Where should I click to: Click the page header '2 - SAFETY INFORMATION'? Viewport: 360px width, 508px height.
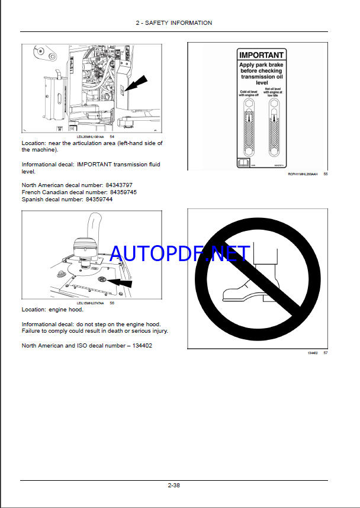coord(173,22)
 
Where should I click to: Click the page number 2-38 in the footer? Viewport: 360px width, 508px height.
coord(173,486)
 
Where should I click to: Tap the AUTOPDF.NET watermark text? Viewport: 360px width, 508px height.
coord(179,255)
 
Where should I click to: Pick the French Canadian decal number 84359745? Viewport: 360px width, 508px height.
coord(120,192)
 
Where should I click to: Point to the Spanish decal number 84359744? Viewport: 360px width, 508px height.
coord(99,200)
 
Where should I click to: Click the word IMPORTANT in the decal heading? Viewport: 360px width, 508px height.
coord(261,55)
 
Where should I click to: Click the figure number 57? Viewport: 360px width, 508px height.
coord(325,353)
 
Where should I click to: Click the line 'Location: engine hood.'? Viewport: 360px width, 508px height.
coord(52,310)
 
